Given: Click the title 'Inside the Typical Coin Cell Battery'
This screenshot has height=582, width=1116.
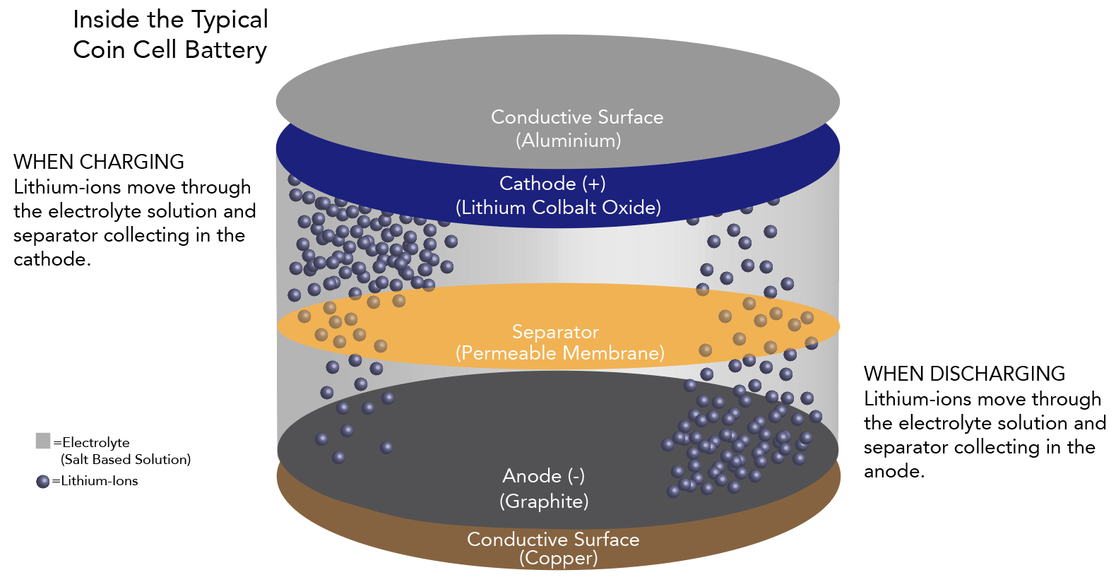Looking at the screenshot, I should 170,35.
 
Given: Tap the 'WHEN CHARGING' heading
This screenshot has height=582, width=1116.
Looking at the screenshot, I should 99,162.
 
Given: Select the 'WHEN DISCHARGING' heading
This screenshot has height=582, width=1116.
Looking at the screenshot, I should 964,374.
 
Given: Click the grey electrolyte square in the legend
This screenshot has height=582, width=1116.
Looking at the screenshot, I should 43,441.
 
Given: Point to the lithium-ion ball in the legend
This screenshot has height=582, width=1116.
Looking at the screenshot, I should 43,482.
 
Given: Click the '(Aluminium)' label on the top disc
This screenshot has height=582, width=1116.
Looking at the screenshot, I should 569,141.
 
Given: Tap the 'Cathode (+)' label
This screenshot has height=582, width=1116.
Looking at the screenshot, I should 552,184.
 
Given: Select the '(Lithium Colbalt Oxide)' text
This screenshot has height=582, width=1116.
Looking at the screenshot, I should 558,208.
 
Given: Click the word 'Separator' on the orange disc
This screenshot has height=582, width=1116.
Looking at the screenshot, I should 555,332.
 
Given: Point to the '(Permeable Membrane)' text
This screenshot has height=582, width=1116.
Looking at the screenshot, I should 560,353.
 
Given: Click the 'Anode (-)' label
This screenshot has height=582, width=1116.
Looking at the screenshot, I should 543,476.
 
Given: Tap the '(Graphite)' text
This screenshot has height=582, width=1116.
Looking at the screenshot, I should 544,501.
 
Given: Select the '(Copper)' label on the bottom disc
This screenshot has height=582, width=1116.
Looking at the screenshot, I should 559,558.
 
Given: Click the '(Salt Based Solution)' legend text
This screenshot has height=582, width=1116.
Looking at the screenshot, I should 126,460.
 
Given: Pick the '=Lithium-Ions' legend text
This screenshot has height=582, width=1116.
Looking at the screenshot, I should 95,481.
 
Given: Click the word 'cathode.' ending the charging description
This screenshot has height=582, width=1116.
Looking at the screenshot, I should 52,259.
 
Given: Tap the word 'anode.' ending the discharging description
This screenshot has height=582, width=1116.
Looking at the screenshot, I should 894,471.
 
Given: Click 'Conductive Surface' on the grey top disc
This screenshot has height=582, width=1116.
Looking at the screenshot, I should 577,117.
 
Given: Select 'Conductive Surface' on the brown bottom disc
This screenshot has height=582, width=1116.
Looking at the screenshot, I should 553,540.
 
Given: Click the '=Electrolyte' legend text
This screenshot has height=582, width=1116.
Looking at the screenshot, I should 92,443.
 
